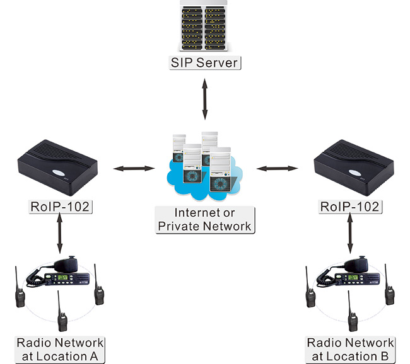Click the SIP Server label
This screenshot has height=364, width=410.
coord(205,62)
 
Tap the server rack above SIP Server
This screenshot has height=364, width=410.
coord(205,26)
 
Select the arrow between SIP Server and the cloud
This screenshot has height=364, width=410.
coord(205,98)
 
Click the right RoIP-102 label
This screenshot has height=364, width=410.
coord(349,206)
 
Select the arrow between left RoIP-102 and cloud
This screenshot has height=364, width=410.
coord(134,168)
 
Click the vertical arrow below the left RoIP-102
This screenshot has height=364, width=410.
coord(59,233)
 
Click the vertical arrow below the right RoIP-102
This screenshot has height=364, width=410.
coord(351,233)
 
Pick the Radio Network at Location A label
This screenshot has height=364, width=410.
coord(59,350)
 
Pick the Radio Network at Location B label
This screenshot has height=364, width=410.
coord(351,350)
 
